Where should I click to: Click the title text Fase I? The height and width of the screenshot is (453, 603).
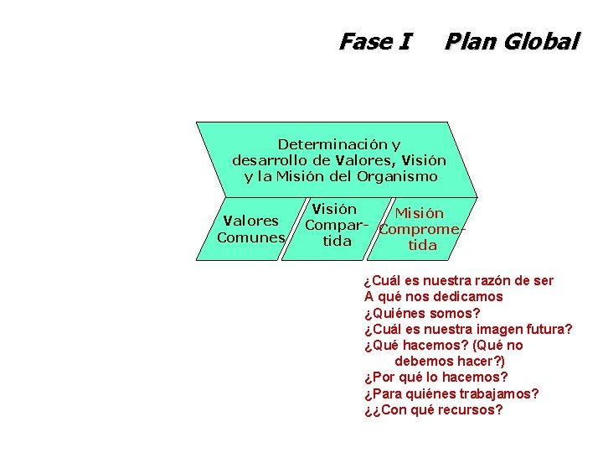374,41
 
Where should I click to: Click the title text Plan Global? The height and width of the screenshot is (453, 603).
511,41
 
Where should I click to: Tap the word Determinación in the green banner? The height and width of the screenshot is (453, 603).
327,144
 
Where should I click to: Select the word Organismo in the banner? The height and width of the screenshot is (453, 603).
397,176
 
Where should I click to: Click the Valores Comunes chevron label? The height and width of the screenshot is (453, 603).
250,229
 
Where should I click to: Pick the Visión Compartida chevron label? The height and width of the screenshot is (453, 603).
336,225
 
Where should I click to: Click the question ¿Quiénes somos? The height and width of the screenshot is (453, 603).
422,313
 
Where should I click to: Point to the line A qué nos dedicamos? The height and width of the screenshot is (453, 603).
433,296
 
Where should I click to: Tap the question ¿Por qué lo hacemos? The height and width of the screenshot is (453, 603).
435,377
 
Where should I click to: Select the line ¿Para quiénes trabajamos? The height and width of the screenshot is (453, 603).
451,393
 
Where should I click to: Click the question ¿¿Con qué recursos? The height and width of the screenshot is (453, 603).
434,410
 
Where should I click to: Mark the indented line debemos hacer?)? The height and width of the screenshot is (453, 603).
450,362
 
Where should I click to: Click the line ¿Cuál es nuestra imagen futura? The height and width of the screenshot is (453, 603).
468,329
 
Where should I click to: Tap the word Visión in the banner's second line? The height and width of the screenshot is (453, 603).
424,160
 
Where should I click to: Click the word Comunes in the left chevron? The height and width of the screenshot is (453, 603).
250,237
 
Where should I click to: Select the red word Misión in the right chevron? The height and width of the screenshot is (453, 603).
420,214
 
